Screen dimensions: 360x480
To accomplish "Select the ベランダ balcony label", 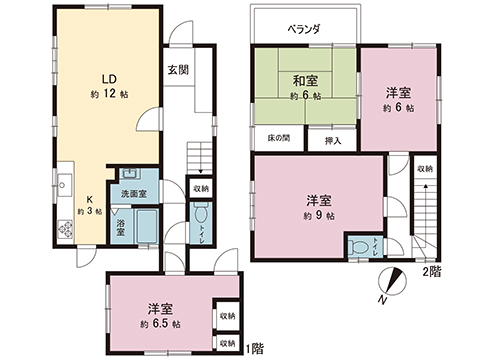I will (x=304, y=29).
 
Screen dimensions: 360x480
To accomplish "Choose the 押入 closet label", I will (x=332, y=141).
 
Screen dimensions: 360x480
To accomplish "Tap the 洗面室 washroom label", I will (x=134, y=193).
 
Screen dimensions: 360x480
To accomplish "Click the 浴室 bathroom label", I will (x=120, y=227).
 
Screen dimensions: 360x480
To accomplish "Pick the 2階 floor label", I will (x=431, y=272).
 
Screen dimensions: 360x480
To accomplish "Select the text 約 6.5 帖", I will (x=160, y=325).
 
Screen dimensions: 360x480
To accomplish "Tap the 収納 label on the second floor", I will (x=425, y=169).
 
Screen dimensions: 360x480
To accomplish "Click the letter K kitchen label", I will (x=88, y=198).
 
